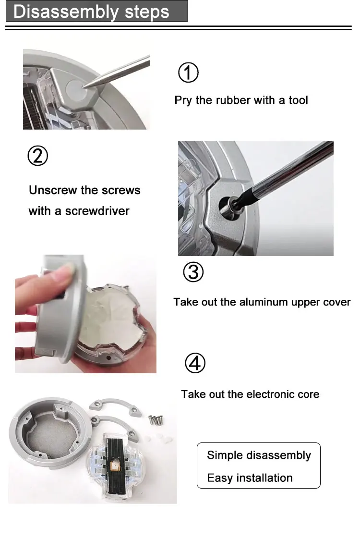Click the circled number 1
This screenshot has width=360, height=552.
[x=188, y=73]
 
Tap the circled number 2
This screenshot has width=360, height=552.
[x=37, y=156]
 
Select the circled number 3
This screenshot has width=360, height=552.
[x=193, y=272]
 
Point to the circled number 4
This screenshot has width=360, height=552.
[x=195, y=363]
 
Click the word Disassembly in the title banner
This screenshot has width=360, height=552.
[x=66, y=12]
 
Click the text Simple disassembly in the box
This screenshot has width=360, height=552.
[x=259, y=455]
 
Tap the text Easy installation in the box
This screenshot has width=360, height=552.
[x=250, y=478]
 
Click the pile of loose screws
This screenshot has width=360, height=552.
[x=155, y=419]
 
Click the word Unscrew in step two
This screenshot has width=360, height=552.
[x=53, y=190]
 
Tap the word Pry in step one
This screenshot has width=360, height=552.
[x=183, y=100]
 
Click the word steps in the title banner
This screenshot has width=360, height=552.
[x=147, y=12]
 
